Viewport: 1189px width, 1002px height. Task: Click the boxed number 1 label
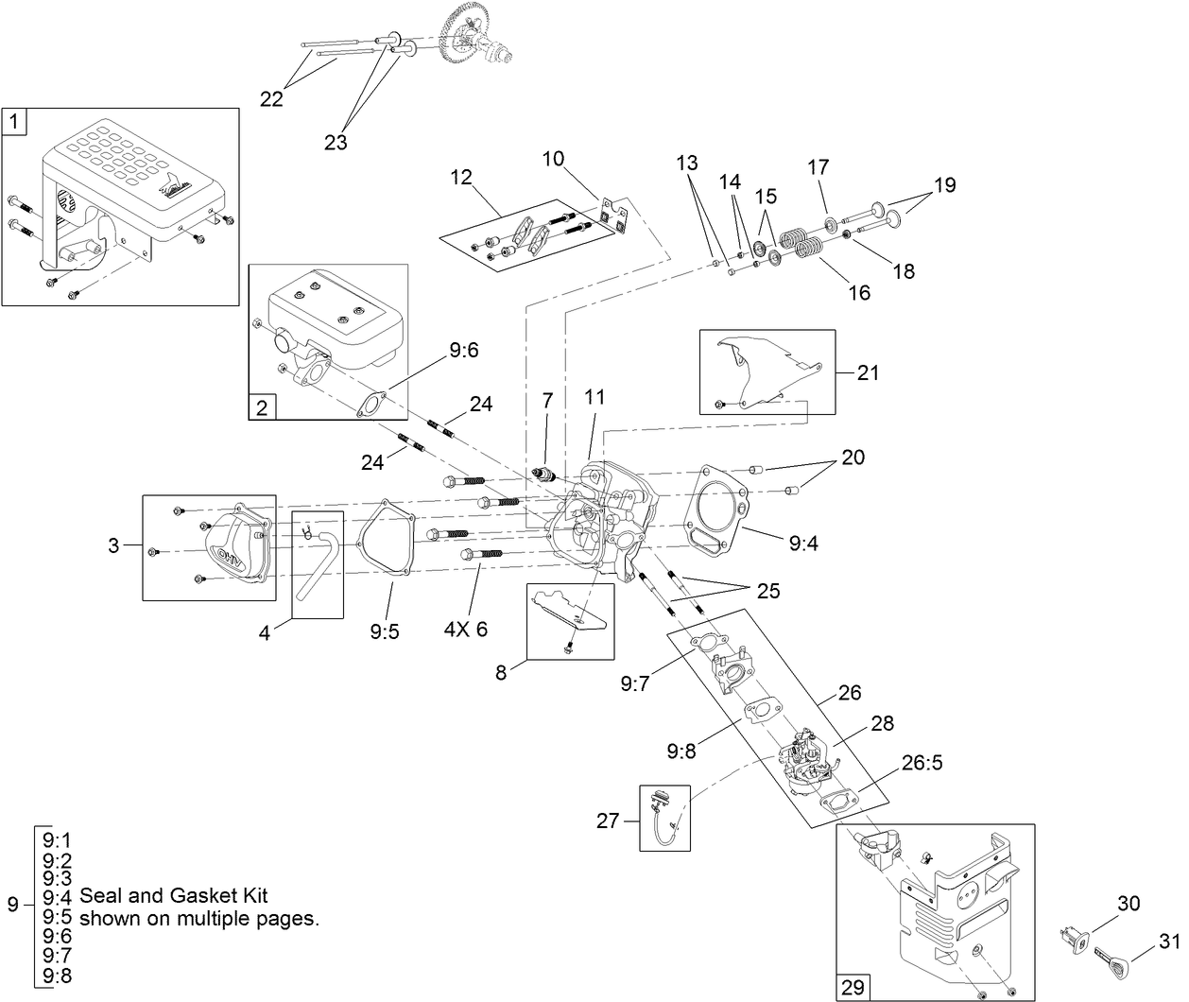[15, 121]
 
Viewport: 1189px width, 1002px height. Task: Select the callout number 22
[271, 99]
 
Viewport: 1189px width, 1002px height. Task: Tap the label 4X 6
[466, 629]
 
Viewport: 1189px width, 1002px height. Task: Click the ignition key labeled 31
[1114, 965]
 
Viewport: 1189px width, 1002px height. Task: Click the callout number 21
[868, 372]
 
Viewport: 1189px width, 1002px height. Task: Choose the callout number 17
[818, 167]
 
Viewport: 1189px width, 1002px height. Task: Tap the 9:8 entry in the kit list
[57, 976]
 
